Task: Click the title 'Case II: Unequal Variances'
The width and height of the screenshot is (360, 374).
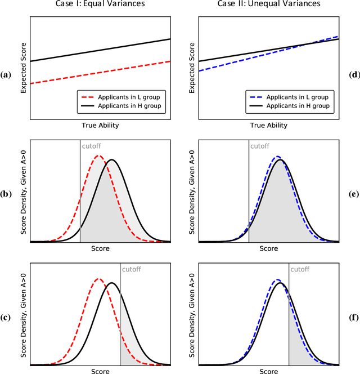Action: [268, 5]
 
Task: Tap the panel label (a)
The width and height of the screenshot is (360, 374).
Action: [6, 74]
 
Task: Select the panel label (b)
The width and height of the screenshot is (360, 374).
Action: [6, 195]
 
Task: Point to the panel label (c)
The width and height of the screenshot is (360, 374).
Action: [6, 317]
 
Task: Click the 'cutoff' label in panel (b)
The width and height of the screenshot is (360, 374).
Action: [91, 146]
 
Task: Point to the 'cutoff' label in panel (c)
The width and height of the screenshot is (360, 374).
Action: [132, 269]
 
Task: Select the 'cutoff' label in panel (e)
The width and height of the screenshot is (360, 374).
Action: [260, 146]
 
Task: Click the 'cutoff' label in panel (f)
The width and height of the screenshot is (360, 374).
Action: [300, 269]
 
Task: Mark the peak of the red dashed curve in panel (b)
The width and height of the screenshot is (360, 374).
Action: [98, 156]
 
